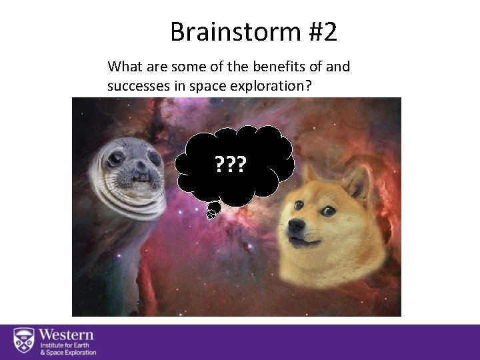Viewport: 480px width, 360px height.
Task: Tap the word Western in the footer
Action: (x=66, y=334)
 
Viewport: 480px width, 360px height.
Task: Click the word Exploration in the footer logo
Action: (x=78, y=353)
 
